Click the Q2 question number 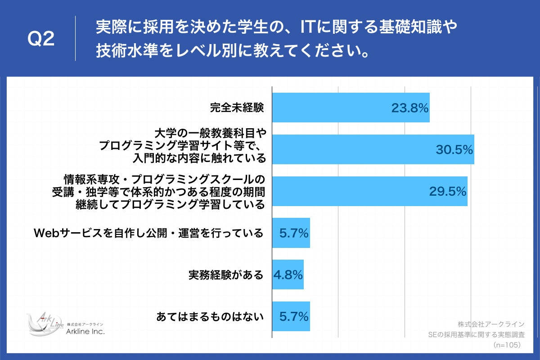point(41,40)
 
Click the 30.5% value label point(454,149)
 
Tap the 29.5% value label point(447,191)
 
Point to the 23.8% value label point(409,108)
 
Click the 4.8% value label point(288,274)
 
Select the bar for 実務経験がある point(288,274)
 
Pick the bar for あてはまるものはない point(291,316)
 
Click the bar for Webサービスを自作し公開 point(291,233)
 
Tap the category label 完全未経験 point(237,108)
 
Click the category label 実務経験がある point(225,275)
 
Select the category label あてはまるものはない point(209,317)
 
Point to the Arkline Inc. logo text point(85,332)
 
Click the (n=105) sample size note point(507,345)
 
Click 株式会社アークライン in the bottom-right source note point(491,324)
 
